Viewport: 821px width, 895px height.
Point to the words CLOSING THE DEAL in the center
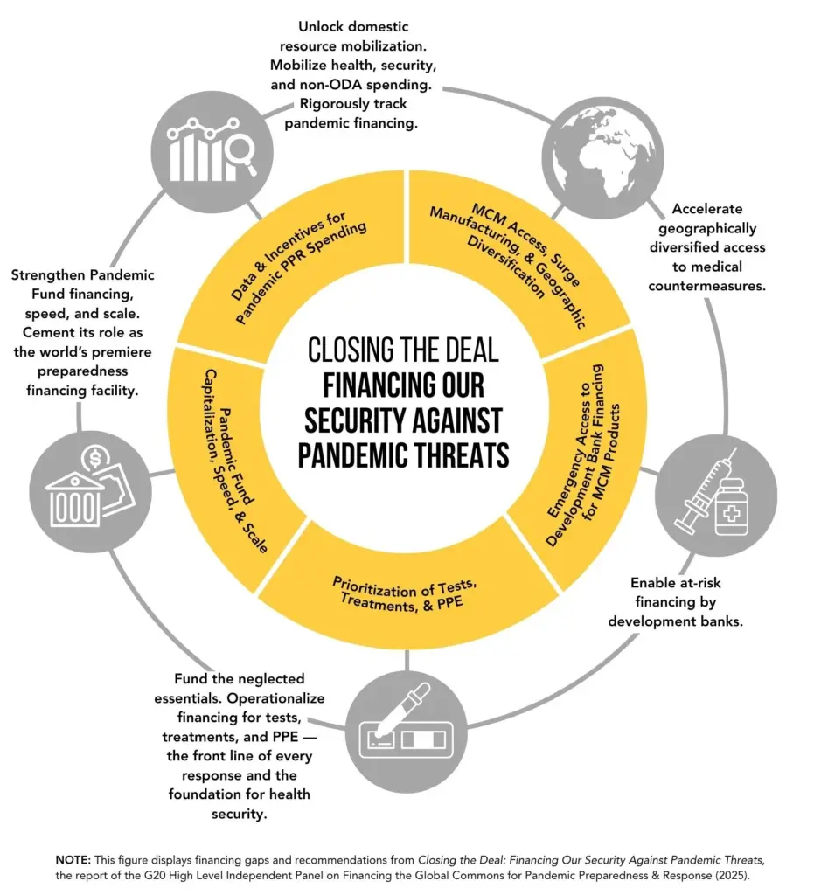click(x=403, y=350)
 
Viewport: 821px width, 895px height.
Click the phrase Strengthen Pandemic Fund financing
click(x=83, y=284)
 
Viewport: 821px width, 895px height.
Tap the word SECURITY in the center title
click(x=351, y=421)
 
